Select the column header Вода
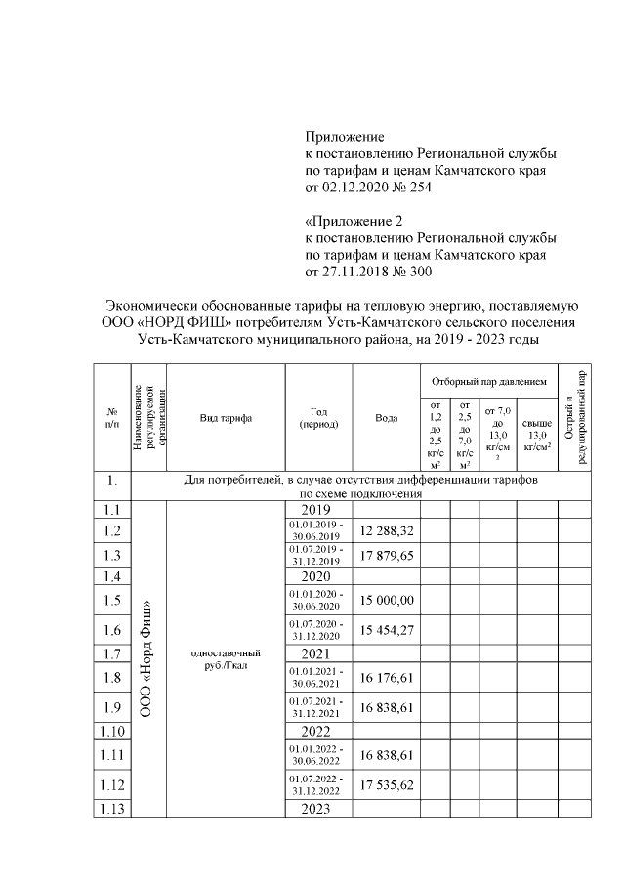point(386,418)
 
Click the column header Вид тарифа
point(226,418)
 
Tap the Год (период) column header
point(317,418)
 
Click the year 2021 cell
point(317,652)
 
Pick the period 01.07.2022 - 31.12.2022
point(317,783)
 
